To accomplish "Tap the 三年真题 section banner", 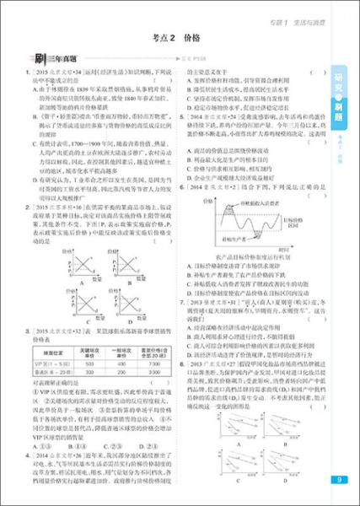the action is [x=57, y=59].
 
